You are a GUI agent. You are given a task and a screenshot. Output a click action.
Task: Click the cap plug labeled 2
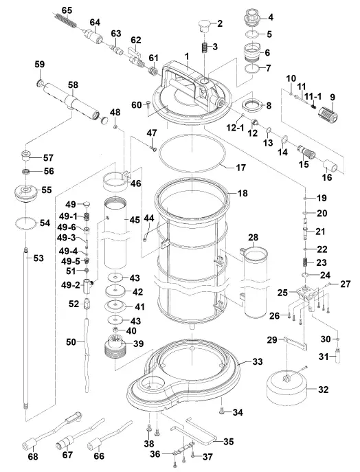(202, 25)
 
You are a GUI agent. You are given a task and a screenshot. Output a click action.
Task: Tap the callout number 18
(241, 194)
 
